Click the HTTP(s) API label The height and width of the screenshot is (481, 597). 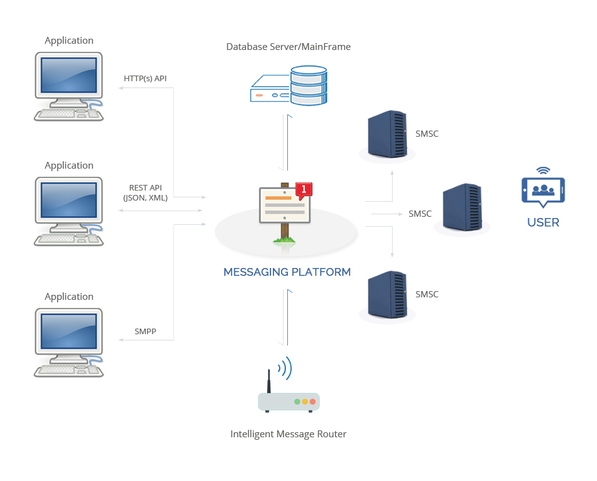click(145, 78)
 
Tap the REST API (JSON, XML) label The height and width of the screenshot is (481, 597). click(145, 192)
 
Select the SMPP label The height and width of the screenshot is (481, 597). click(145, 331)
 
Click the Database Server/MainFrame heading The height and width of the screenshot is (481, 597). click(288, 47)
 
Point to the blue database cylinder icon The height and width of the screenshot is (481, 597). click(308, 85)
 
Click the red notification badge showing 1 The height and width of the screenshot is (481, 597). click(303, 189)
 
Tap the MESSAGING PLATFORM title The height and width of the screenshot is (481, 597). click(287, 272)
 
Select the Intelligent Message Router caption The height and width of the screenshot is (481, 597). click(288, 434)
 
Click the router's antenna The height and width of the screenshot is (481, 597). click(269, 381)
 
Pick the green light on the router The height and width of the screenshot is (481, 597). click(297, 402)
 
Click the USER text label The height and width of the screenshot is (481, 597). click(543, 222)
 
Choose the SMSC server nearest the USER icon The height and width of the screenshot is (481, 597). click(462, 208)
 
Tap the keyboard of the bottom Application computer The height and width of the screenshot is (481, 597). click(62, 369)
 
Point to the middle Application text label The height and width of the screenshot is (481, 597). click(69, 166)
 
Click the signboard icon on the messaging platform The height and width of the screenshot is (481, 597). click(285, 206)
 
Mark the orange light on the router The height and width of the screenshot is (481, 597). click(305, 402)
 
